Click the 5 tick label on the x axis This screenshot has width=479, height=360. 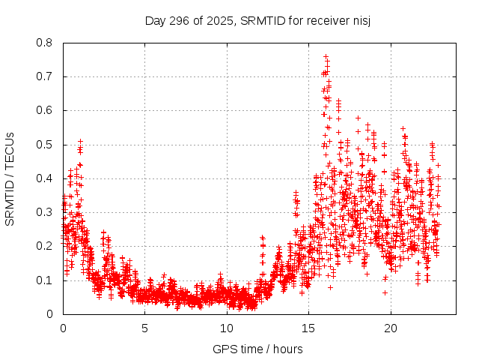[144, 328]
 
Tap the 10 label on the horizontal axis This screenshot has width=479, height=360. [227, 328]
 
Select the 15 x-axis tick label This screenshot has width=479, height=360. [308, 328]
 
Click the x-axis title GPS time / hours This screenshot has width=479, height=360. [257, 349]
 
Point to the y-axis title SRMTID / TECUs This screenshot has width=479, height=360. [10, 178]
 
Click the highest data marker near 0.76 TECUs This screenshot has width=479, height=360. [326, 56]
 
